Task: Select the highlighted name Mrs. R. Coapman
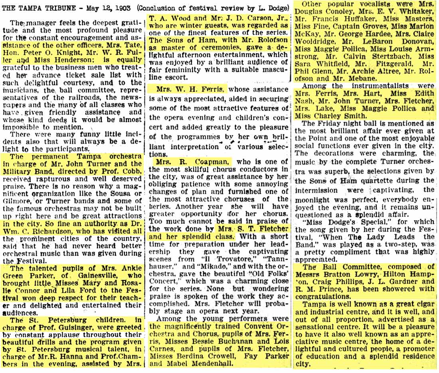(187, 162)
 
